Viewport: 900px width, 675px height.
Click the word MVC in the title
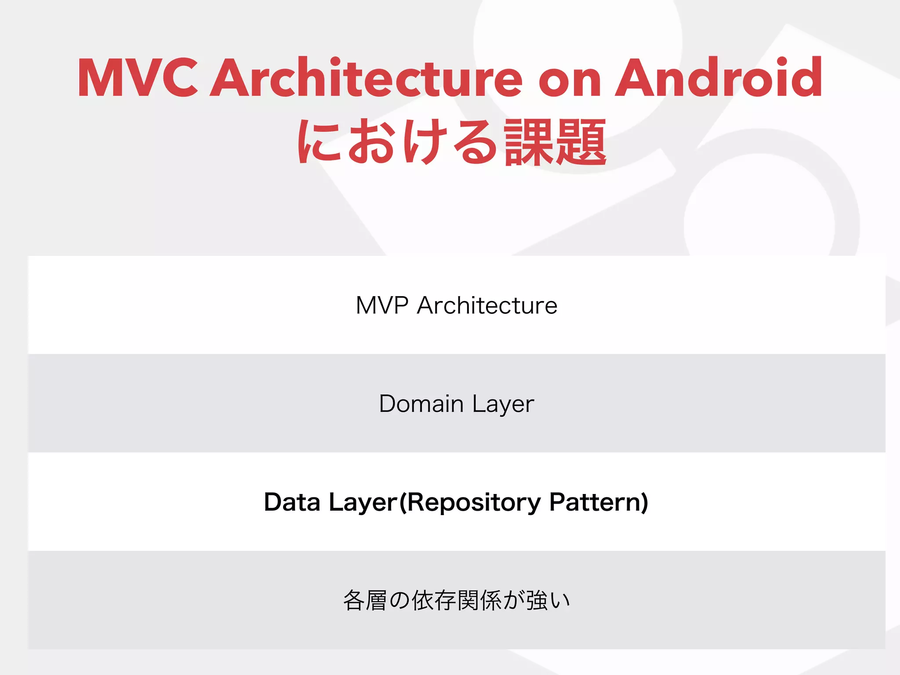(x=138, y=78)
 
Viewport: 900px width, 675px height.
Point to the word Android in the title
(x=718, y=78)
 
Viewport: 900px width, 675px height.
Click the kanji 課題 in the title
(x=555, y=143)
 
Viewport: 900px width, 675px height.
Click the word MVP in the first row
(x=382, y=305)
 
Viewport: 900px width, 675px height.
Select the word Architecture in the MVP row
(x=487, y=305)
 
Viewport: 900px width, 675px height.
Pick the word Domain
(x=421, y=404)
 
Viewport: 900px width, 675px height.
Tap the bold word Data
(x=292, y=502)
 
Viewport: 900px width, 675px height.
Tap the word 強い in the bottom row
(x=548, y=601)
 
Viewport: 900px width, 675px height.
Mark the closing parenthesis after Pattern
(x=644, y=502)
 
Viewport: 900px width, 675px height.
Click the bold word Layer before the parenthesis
(x=363, y=503)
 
